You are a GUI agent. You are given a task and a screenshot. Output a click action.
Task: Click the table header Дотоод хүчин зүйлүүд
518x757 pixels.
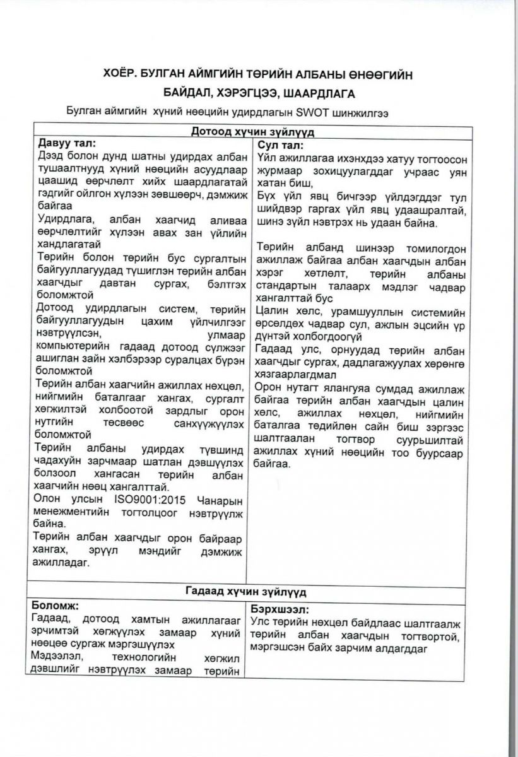coord(252,132)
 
